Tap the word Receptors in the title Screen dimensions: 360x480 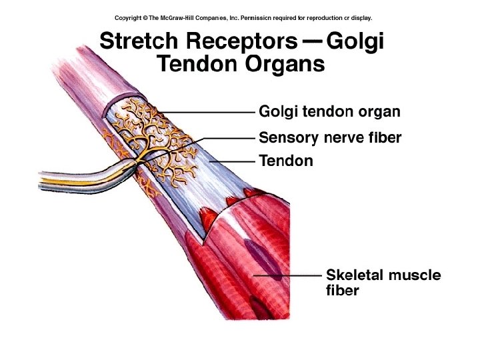236,41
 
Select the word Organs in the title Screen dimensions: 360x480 287,65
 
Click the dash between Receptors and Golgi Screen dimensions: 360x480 312,41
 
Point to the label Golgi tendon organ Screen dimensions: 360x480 329,111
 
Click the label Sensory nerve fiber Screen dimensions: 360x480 330,138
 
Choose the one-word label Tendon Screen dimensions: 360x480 285,161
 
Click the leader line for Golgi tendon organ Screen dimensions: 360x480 207,111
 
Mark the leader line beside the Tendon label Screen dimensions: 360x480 233,161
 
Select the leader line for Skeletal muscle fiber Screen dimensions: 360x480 287,275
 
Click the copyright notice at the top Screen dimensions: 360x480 243,18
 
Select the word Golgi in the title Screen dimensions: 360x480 356,41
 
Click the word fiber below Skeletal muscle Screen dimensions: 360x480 343,291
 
